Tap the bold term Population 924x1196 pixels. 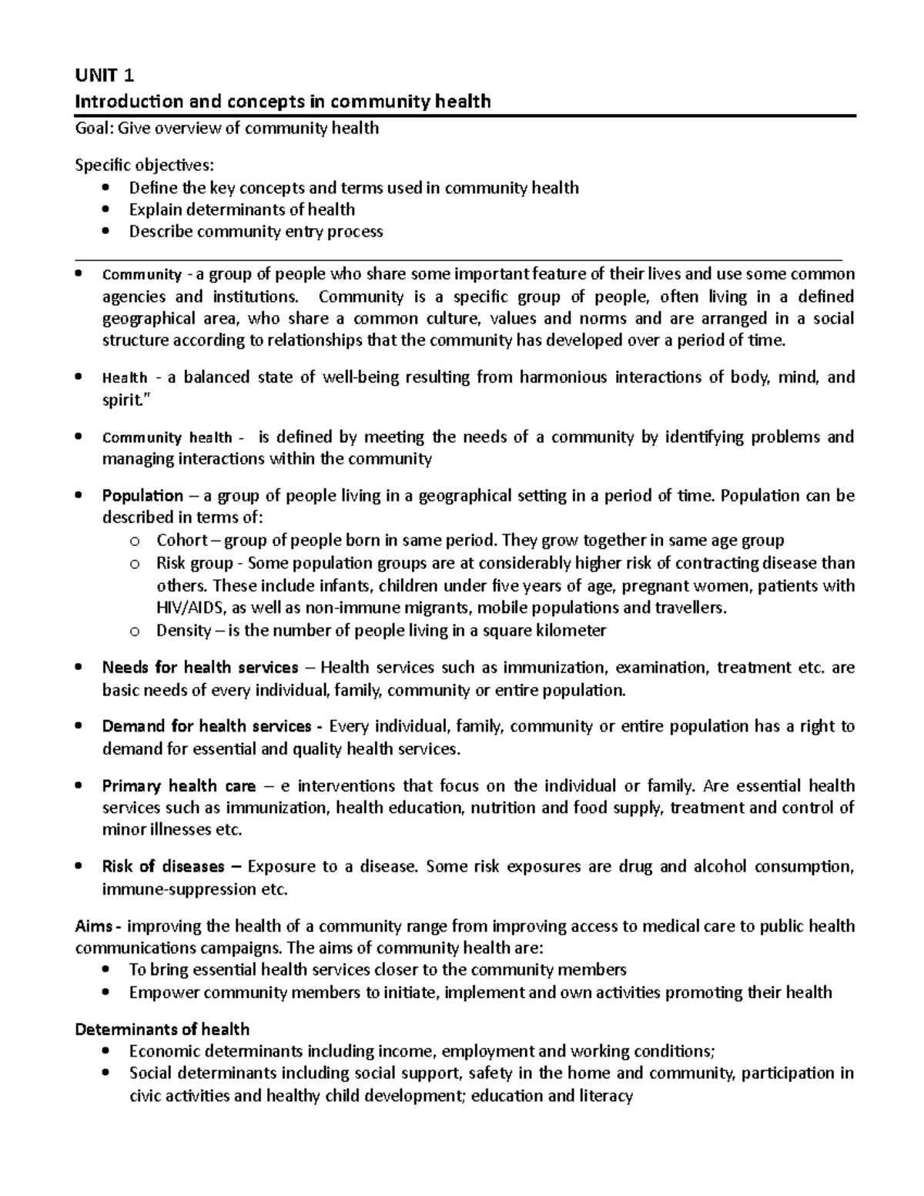click(142, 496)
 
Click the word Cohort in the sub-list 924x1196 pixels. click(182, 541)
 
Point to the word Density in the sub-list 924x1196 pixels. click(183, 631)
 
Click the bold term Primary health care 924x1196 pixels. click(179, 786)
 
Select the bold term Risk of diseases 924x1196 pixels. click(163, 867)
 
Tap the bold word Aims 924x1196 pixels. click(93, 926)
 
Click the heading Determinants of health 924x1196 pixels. click(162, 1030)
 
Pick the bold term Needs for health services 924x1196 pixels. click(200, 668)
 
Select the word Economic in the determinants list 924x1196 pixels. click(163, 1052)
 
